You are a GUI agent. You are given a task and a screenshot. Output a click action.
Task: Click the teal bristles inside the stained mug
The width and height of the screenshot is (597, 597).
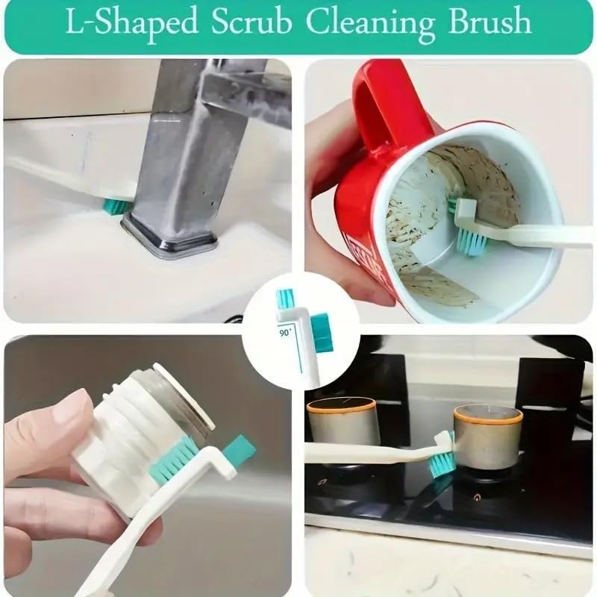pyautogui.click(x=470, y=237)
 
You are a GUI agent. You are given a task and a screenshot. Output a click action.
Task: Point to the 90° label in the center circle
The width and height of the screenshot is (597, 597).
pyautogui.click(x=286, y=329)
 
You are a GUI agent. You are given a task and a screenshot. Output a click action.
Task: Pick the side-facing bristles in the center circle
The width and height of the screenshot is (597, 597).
pyautogui.click(x=320, y=331)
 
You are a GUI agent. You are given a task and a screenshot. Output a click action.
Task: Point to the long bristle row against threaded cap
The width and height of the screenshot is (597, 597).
pyautogui.click(x=175, y=460)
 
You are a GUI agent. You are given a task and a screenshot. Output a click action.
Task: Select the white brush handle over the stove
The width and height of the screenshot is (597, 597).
pyautogui.click(x=366, y=452)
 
